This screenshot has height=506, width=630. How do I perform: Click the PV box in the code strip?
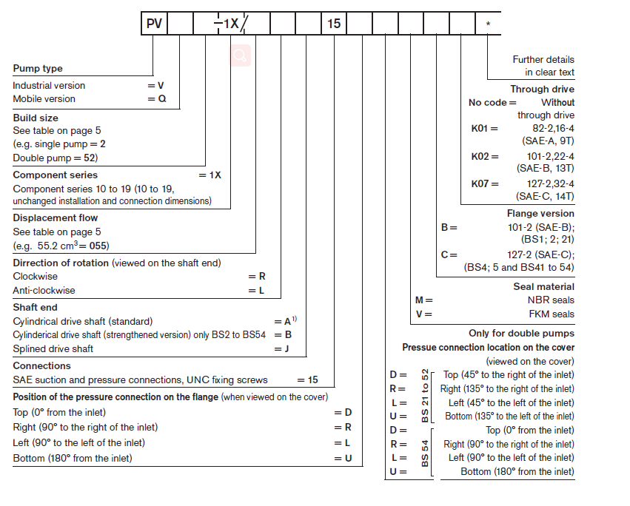coord(154,24)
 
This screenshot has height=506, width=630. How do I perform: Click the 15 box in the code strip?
coord(334,24)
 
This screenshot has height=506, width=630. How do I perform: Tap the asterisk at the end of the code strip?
coord(488,24)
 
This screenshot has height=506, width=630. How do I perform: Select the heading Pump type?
coord(38,69)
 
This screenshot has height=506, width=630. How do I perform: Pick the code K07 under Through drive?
coord(480,183)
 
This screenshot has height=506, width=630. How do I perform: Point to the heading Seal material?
coord(543,286)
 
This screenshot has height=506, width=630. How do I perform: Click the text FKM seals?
coord(552,314)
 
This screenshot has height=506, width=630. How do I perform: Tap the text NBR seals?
coord(551,300)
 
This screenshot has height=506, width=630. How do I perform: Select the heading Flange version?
coord(540,213)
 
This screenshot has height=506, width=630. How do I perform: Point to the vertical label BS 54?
coord(425,451)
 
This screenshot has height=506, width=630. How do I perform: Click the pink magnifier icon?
coord(241,55)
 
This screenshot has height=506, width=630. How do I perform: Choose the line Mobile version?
coord(44,99)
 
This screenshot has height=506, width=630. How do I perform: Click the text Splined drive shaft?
coord(53,348)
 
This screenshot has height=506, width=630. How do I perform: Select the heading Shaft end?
coord(35,307)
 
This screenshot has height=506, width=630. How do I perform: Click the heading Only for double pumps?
coord(521,334)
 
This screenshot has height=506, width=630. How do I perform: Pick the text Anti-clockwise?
coord(44,290)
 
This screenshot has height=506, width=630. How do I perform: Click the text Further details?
coord(543,59)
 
